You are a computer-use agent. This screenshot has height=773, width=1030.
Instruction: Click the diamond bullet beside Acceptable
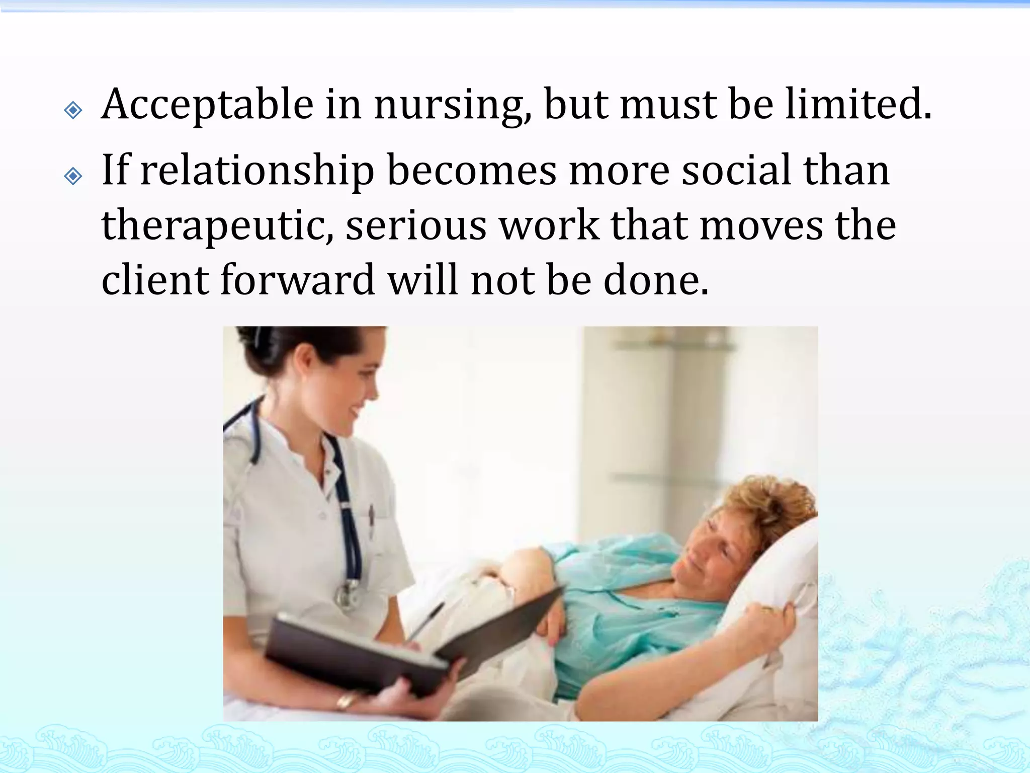(x=73, y=110)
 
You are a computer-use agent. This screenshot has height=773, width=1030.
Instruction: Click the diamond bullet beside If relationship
(x=73, y=176)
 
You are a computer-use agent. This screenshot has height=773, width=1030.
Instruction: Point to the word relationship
(x=257, y=171)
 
